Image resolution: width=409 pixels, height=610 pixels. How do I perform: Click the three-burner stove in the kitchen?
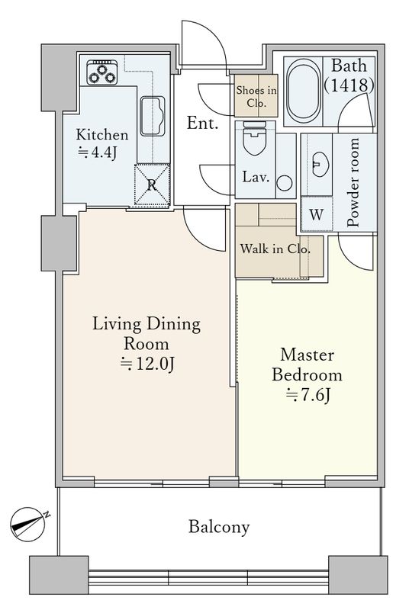tap(102, 72)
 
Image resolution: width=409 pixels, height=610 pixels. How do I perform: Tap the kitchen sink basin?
tap(152, 116)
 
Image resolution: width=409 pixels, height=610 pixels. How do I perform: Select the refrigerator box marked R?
tap(152, 185)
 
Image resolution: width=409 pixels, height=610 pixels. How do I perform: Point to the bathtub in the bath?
tap(304, 91)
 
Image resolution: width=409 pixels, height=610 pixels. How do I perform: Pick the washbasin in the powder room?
tap(320, 164)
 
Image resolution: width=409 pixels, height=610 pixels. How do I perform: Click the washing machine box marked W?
tap(317, 214)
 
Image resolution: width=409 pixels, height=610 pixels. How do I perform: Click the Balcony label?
tap(219, 528)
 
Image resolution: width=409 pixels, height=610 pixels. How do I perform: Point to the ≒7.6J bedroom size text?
tap(308, 395)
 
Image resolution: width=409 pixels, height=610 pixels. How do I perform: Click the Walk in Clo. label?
tap(275, 249)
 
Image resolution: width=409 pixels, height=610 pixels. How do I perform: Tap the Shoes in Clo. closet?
tap(256, 96)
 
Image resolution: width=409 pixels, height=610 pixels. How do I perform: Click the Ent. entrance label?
tap(202, 124)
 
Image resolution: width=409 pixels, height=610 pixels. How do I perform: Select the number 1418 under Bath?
tap(349, 85)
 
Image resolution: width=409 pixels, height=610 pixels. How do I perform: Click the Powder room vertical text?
tap(353, 182)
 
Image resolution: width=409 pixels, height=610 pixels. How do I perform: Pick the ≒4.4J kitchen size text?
tap(97, 152)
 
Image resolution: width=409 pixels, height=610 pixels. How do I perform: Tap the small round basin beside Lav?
tap(285, 183)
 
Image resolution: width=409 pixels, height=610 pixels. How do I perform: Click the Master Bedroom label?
tap(307, 365)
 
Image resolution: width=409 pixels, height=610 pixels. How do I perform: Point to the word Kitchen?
tap(102, 135)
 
